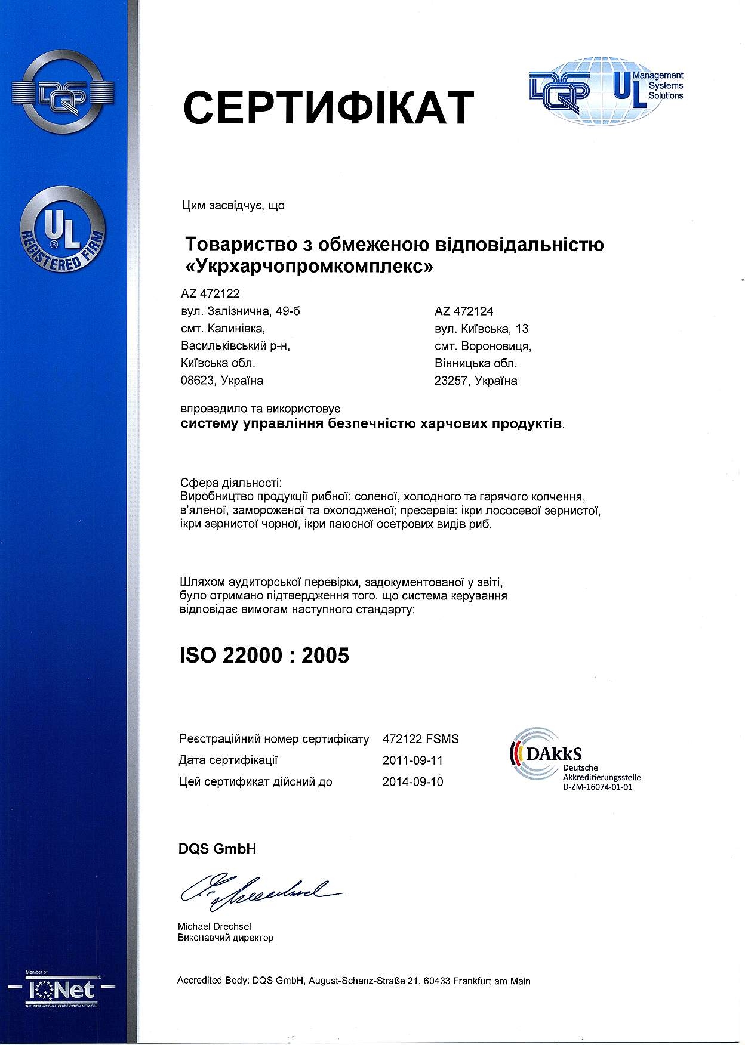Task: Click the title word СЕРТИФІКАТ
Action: tap(328, 108)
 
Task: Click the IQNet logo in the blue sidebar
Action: tap(63, 990)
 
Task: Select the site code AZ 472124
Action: tap(464, 311)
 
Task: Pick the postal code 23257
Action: tap(451, 381)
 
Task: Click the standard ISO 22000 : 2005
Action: tap(264, 656)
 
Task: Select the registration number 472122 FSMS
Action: tap(420, 739)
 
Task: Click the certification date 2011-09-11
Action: tap(412, 760)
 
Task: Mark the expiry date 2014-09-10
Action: tap(412, 782)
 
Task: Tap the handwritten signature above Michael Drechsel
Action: tap(260, 891)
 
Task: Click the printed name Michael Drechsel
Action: tap(214, 926)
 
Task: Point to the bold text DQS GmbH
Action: tap(217, 849)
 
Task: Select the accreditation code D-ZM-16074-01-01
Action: tap(597, 787)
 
